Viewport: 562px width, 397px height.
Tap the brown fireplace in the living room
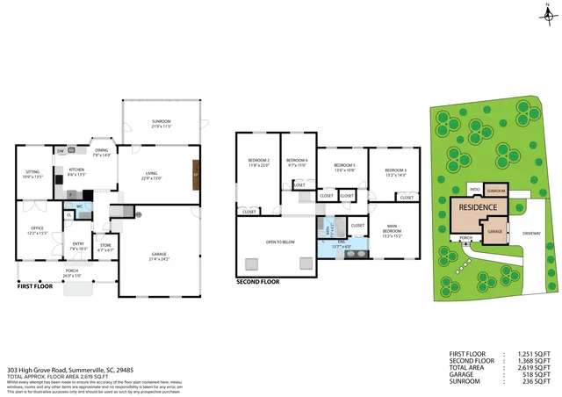coord(196,171)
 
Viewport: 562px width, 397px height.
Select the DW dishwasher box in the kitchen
coord(61,151)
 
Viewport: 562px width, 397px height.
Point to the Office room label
coord(37,230)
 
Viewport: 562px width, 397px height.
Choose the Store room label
coord(104,247)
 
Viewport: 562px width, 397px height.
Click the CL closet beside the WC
coord(68,214)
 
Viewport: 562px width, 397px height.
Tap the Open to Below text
coord(279,241)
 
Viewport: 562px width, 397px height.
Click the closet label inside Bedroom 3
coord(407,198)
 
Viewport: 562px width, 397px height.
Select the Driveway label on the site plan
coord(532,234)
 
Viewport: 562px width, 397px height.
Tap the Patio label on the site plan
coord(473,188)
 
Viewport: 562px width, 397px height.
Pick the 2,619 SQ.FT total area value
coord(537,369)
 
